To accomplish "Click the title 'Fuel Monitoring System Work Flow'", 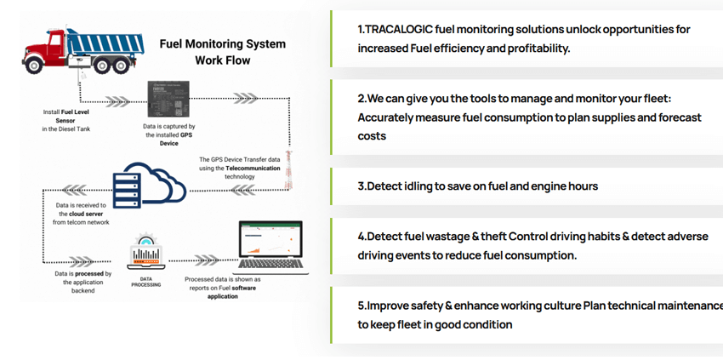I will [x=223, y=52].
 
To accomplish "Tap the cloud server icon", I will [x=143, y=182].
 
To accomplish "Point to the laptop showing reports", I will [x=270, y=247].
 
